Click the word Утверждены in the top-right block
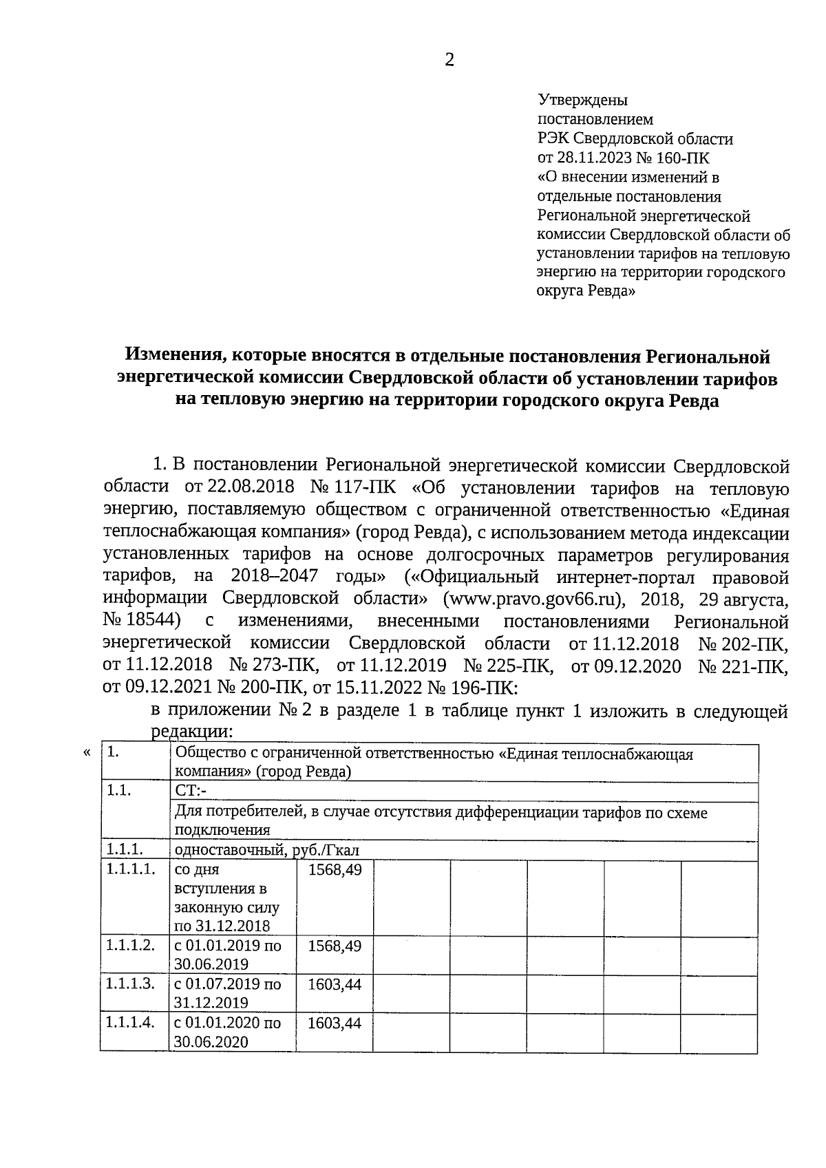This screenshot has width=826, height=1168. (x=582, y=100)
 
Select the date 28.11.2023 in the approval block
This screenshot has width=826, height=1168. (x=593, y=158)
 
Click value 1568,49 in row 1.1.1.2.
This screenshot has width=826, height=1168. (x=335, y=946)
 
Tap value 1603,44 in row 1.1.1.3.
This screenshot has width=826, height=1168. (x=335, y=984)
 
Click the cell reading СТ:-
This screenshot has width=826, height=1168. (x=187, y=792)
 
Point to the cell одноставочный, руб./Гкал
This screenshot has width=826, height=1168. (x=267, y=850)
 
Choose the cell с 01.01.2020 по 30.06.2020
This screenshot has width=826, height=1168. (x=228, y=1032)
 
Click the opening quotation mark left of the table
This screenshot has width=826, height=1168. (x=86, y=753)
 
